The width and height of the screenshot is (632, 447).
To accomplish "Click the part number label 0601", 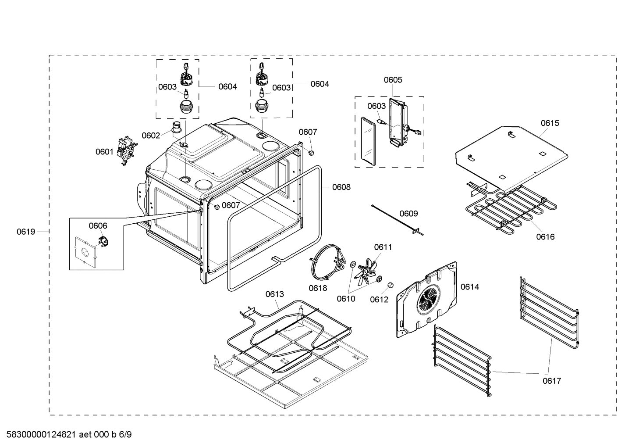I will point(104,152).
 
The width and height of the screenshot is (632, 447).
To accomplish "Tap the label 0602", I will point(150,136).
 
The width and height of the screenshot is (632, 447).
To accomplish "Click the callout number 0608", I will point(341,187).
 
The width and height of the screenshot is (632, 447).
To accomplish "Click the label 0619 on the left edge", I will point(26,232).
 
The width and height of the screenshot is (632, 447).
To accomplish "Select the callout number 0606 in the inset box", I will point(98,225).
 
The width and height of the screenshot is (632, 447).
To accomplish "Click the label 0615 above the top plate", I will point(550,123).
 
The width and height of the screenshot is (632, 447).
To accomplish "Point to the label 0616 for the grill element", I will point(545,237).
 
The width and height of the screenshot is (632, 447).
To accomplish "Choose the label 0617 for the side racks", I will point(552,381).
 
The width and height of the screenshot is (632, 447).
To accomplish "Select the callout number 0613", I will point(274,294).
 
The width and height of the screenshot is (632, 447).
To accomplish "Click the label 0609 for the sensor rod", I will point(408,214).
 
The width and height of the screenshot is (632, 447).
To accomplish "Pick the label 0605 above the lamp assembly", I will point(393,80).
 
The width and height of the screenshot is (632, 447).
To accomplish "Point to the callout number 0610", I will point(346,299).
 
